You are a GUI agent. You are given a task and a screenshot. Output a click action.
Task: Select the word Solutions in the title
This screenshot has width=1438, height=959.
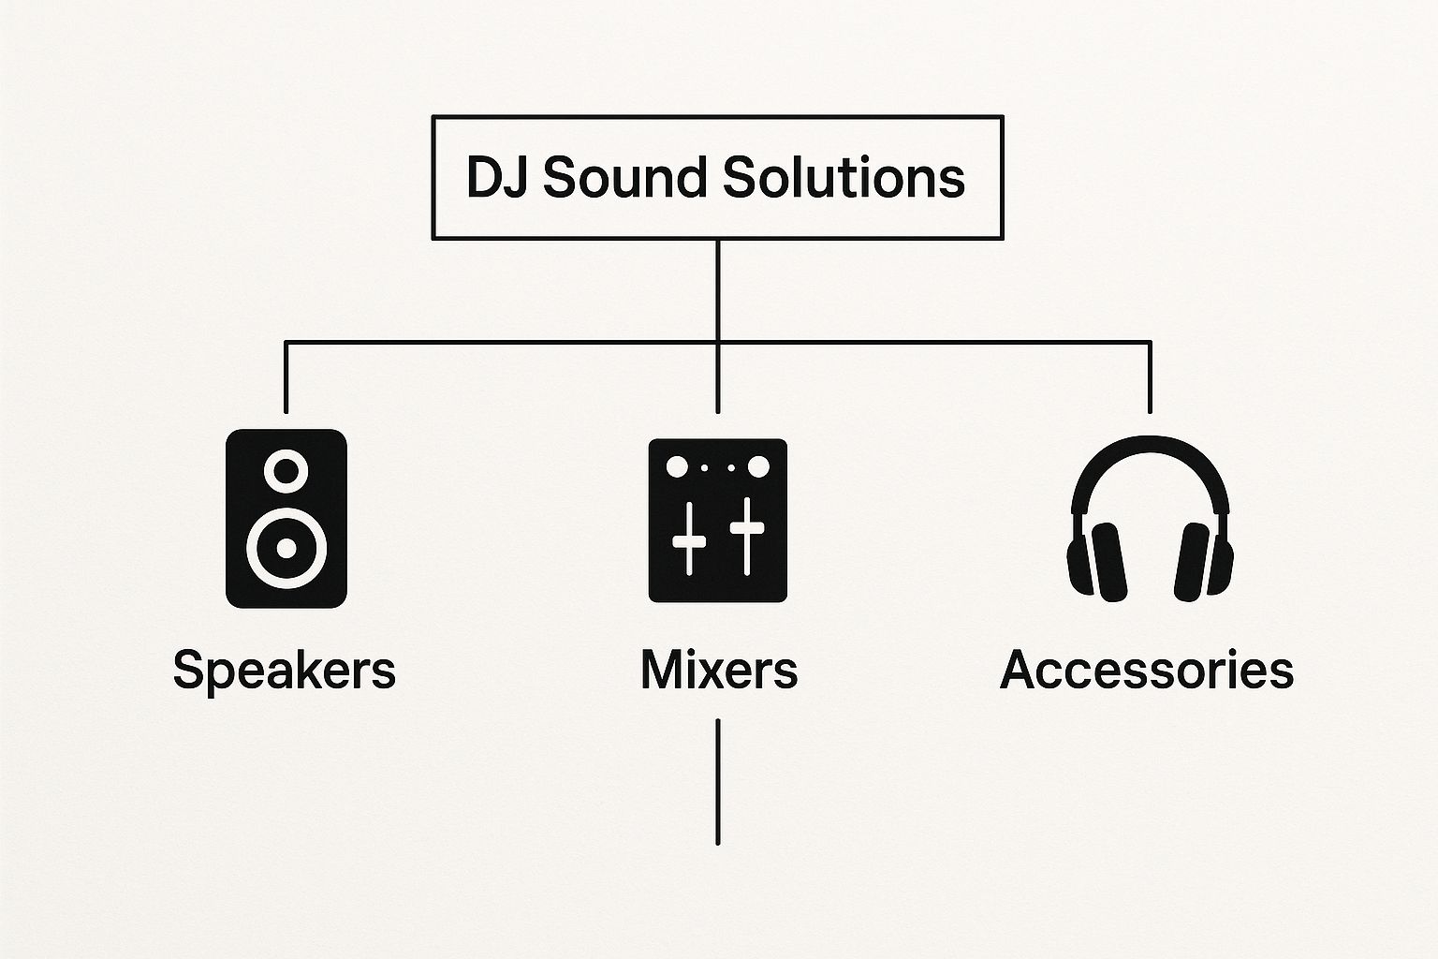click(844, 177)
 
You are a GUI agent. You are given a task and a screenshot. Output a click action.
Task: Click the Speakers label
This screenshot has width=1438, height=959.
click(285, 671)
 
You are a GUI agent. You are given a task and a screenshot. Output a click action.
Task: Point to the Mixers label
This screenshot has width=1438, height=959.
click(718, 671)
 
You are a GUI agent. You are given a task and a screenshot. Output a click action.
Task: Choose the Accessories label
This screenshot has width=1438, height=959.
click(1147, 671)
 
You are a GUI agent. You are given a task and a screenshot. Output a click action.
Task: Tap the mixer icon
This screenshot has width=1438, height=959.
click(718, 520)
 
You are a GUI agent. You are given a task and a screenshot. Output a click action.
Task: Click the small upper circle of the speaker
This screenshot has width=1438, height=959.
click(286, 470)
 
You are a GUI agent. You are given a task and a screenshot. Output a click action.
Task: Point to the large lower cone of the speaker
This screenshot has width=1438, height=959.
click(286, 547)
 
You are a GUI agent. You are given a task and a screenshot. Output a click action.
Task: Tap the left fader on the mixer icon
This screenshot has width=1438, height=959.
click(690, 538)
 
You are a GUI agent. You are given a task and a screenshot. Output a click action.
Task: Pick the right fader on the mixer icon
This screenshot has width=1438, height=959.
click(747, 536)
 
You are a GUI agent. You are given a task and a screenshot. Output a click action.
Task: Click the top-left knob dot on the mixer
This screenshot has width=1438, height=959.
click(676, 466)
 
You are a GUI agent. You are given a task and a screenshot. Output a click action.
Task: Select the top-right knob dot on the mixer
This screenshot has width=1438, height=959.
click(758, 466)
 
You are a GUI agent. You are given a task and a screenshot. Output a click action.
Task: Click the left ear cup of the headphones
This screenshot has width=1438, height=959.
click(1106, 561)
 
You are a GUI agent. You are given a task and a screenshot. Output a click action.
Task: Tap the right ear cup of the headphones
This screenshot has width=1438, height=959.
click(1194, 561)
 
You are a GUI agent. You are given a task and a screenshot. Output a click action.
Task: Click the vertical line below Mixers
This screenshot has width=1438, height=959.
click(718, 782)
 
